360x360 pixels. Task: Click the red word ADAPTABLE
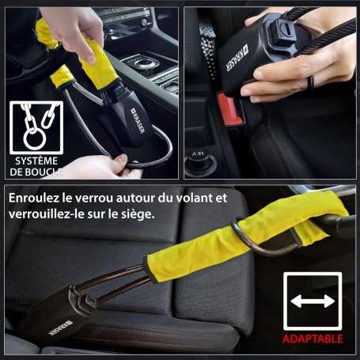313,339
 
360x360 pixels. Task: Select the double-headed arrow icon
313,301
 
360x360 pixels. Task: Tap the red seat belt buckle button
229,110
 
